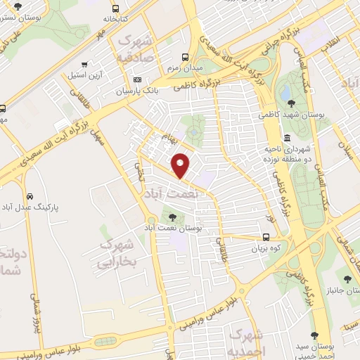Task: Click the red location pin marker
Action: coord(181,166)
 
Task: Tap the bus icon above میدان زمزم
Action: coord(185,57)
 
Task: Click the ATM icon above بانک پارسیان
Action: coord(137,79)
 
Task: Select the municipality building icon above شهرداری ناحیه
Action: coord(288,138)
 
